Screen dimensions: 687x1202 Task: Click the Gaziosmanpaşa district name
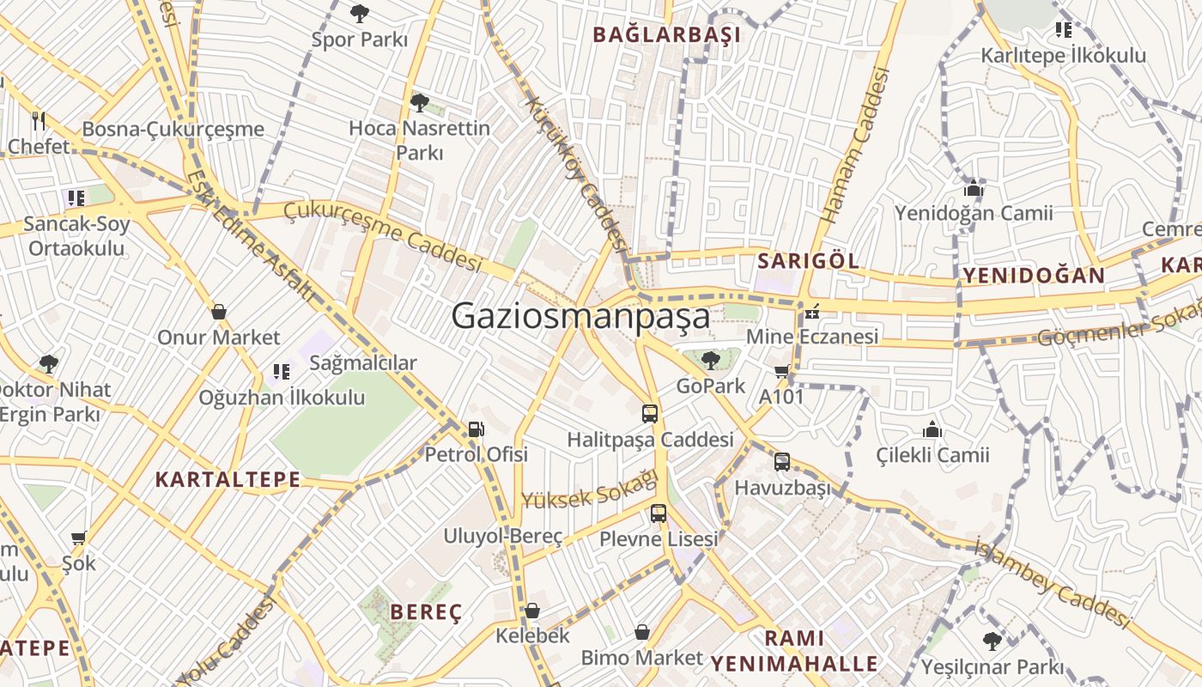click(580, 316)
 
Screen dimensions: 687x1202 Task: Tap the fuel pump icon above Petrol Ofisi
click(476, 429)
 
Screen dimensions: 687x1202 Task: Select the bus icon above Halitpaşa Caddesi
click(650, 413)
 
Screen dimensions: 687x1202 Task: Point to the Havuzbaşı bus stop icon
click(781, 461)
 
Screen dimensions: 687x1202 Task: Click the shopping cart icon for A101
click(780, 371)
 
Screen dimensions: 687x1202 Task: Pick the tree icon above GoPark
click(710, 360)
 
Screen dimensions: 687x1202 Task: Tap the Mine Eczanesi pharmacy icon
click(811, 312)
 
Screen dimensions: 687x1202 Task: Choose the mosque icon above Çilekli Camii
click(932, 429)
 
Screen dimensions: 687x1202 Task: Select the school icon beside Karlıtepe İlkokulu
click(1063, 30)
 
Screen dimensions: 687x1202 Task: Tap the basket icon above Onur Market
click(219, 311)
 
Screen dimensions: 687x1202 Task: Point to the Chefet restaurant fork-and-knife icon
click(38, 120)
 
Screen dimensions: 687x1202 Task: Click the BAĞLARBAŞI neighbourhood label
click(666, 35)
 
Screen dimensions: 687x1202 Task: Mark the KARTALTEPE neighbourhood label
click(228, 479)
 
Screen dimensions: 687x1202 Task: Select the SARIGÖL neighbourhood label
click(808, 261)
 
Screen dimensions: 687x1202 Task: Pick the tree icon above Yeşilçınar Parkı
click(992, 641)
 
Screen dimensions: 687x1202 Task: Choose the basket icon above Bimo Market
click(641, 632)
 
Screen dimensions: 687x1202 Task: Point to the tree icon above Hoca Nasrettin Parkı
click(419, 103)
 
